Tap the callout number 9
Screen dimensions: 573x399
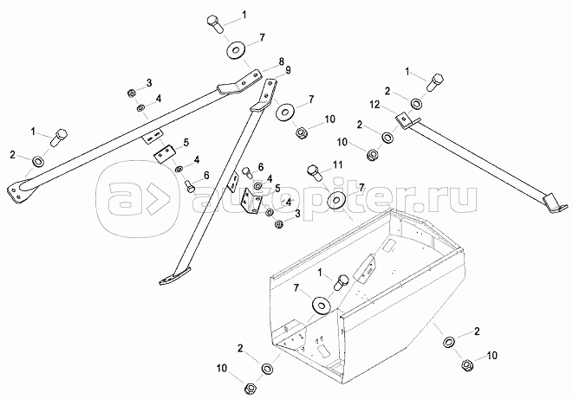click(288, 69)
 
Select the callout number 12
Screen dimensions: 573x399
click(375, 106)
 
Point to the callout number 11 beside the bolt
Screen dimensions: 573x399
click(338, 165)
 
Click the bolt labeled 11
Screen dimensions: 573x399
click(315, 173)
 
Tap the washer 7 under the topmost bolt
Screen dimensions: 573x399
click(236, 50)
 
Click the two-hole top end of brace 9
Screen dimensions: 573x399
click(270, 91)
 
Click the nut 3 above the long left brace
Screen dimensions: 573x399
click(133, 93)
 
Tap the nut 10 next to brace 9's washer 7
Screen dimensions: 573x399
click(302, 132)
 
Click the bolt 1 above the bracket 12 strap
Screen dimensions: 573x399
click(435, 81)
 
